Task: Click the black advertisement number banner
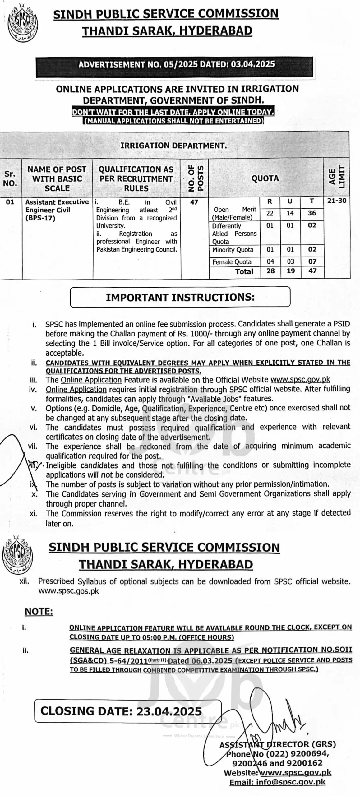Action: point(176,64)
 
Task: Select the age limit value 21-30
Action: point(337,201)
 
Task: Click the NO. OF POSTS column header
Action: point(195,178)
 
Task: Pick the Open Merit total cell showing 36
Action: point(312,213)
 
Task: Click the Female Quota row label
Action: point(232,262)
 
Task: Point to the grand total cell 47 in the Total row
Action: point(312,271)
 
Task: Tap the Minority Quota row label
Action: point(233,250)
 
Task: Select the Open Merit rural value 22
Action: point(270,213)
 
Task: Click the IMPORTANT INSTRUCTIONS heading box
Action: point(180,297)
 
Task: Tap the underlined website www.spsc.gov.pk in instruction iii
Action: point(300,380)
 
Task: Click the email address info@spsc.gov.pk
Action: point(277,782)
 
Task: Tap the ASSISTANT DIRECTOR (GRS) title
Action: point(278,745)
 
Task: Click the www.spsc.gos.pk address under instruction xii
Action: point(69,591)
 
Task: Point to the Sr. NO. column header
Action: point(10,178)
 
